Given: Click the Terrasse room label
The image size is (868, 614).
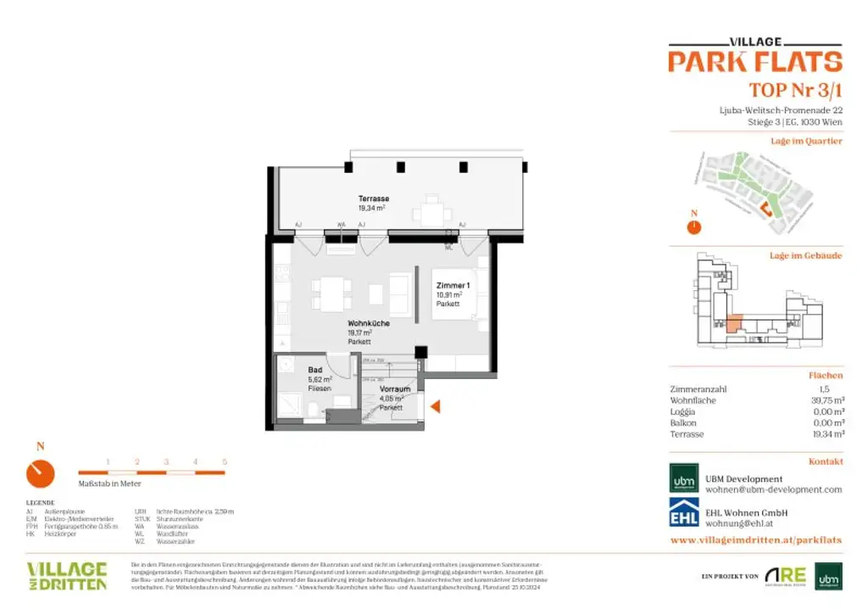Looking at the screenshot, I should click(372, 198).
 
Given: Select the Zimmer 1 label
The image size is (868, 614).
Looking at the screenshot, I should click(453, 287).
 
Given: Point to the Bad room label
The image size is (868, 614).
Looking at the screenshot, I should click(314, 371).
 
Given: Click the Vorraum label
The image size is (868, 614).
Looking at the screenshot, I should click(395, 389).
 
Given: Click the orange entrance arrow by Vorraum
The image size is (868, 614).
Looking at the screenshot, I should click(437, 407).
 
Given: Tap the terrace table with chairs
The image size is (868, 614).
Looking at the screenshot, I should click(432, 210).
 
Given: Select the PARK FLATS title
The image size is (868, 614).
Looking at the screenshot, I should click(754, 61).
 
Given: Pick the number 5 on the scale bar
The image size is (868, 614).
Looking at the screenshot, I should click(225, 462).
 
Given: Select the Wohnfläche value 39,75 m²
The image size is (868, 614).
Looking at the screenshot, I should click(826, 400).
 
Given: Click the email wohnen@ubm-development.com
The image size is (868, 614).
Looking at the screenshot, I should click(774, 489).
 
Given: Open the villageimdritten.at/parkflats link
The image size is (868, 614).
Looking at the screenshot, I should click(756, 539).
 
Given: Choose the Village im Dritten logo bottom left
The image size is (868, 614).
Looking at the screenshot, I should click(67, 575).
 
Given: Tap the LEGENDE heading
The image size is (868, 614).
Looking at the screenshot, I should click(40, 503).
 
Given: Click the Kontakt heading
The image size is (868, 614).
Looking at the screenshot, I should click(826, 461).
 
